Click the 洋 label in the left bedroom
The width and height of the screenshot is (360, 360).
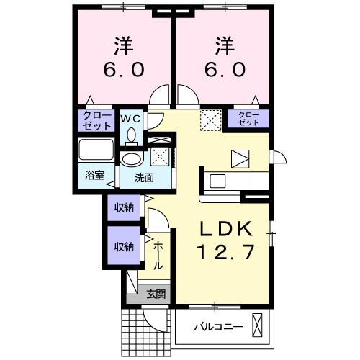[x=122, y=45]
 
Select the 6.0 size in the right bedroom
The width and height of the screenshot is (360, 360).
[x=222, y=71]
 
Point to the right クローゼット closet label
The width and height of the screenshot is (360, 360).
[x=248, y=119]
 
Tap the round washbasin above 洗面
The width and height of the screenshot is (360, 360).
[x=132, y=159]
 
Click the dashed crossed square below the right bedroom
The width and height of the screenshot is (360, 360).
[x=210, y=119]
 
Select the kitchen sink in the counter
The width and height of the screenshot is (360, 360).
[x=217, y=180]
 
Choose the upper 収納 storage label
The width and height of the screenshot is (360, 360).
[x=123, y=208]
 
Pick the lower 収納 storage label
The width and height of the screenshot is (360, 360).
[x=123, y=246]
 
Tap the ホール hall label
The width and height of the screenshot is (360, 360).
[x=158, y=256]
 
